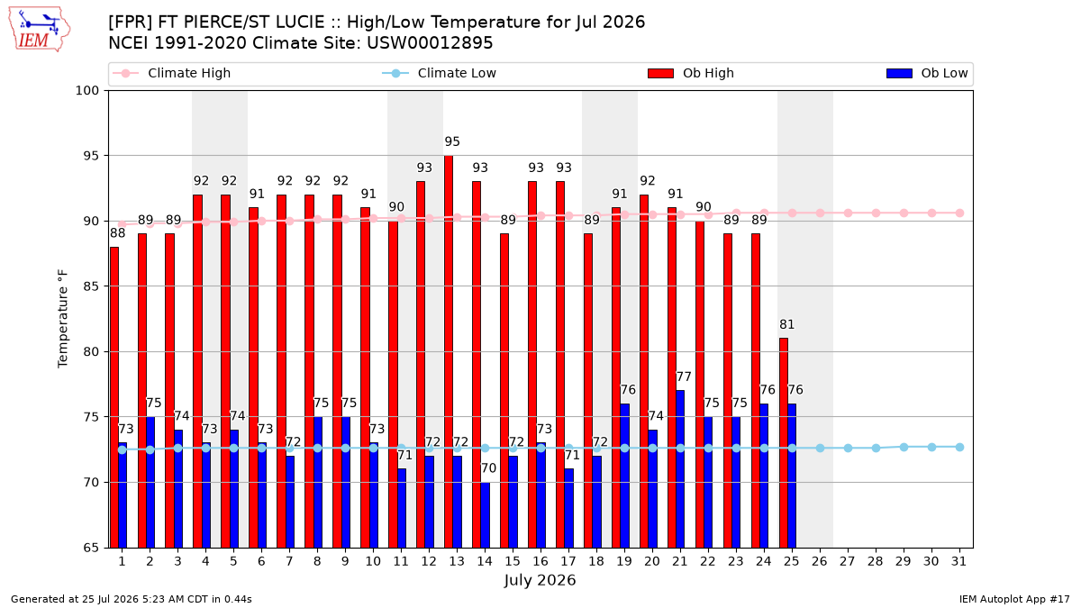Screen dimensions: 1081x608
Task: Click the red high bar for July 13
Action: (449, 351)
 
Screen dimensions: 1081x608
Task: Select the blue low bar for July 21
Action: (680, 469)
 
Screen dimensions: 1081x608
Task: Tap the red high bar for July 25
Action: (783, 443)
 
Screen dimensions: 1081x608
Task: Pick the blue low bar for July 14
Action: (485, 515)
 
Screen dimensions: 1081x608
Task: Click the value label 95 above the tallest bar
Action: (452, 141)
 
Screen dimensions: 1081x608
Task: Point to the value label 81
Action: (786, 324)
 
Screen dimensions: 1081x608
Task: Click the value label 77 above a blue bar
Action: (684, 377)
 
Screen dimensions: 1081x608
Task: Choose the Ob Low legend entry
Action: (927, 73)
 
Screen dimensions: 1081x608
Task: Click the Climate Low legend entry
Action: (439, 73)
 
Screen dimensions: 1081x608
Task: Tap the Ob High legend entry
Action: (691, 73)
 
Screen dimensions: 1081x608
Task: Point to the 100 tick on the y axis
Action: (86, 91)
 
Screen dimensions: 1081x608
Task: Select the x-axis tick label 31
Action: (958, 561)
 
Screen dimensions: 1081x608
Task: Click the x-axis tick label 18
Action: (596, 561)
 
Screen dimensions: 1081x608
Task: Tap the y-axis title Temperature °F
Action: (63, 319)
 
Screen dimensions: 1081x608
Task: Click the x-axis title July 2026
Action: (540, 580)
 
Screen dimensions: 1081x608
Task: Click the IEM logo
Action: (39, 30)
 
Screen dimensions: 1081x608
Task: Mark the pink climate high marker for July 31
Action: (960, 213)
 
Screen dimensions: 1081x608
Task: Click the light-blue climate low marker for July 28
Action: (876, 448)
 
